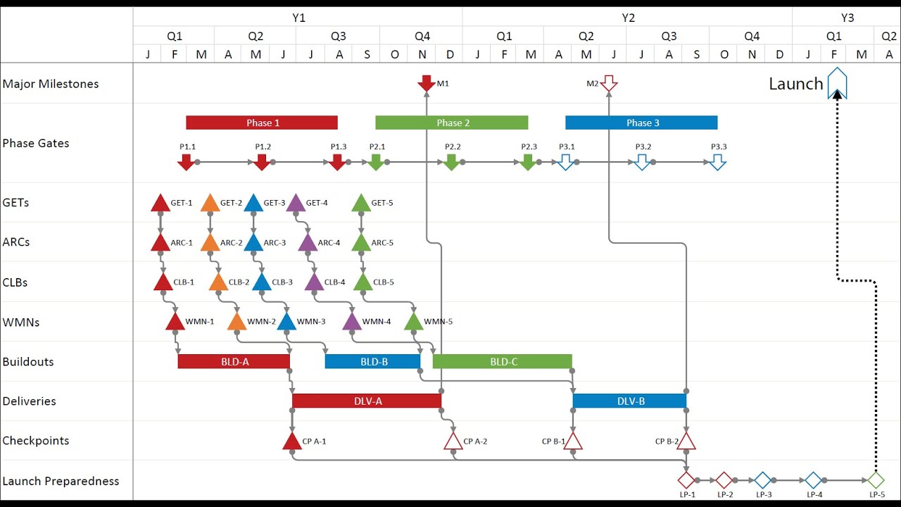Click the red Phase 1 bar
click(x=262, y=123)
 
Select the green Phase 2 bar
click(x=451, y=123)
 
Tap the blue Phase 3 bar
click(x=641, y=123)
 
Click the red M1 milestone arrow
click(x=427, y=83)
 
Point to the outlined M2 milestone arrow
click(x=609, y=84)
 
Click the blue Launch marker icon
click(x=837, y=83)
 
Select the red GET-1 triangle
click(x=160, y=204)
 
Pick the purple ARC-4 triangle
click(x=308, y=244)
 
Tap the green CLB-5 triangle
click(x=363, y=283)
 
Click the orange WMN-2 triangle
click(x=237, y=323)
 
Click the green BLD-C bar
click(x=502, y=362)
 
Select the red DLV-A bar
click(x=367, y=401)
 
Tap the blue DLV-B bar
click(x=629, y=401)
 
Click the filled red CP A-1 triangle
click(x=292, y=442)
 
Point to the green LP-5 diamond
click(x=876, y=480)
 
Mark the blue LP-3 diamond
click(x=763, y=480)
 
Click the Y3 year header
click(x=847, y=18)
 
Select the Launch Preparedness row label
click(x=61, y=481)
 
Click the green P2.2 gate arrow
click(x=451, y=163)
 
